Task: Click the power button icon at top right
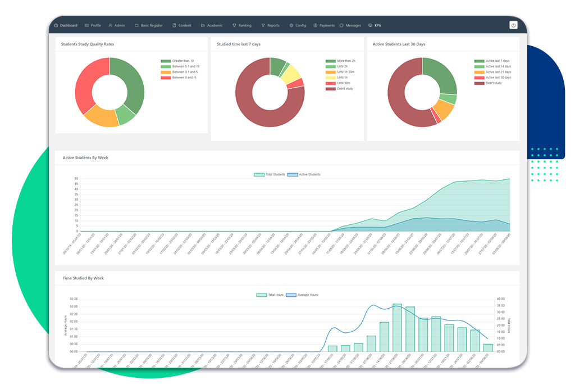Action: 513,25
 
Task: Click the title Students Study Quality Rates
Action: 88,44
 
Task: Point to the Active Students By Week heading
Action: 85,158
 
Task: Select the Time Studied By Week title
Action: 83,278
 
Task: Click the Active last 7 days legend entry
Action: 498,61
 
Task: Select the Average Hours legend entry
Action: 308,295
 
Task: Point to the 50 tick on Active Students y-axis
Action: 76,179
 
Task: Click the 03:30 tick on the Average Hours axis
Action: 74,299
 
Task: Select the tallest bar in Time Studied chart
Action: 397,327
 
